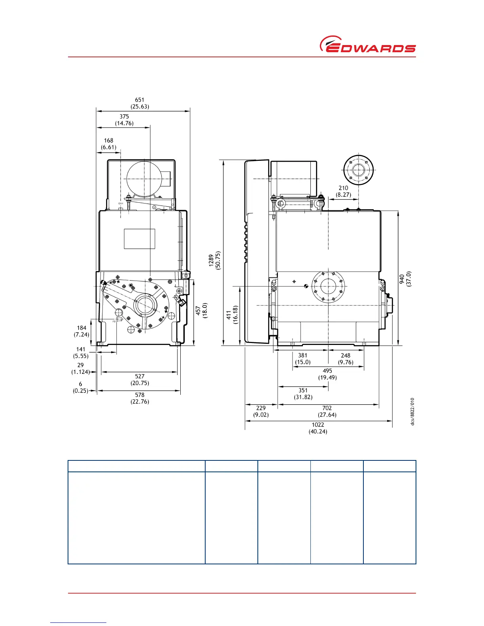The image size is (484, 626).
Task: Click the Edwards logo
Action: click(x=367, y=44)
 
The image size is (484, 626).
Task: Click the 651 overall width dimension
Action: click(x=140, y=103)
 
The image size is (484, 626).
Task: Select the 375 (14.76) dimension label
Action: click(x=124, y=120)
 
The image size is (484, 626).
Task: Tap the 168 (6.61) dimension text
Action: click(x=109, y=144)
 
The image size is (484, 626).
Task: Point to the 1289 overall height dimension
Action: click(x=215, y=260)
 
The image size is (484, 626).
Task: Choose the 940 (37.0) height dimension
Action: click(x=405, y=279)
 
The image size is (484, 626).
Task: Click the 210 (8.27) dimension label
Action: click(x=343, y=191)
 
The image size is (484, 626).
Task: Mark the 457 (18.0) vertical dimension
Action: click(x=202, y=310)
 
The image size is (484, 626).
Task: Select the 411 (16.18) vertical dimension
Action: click(x=232, y=315)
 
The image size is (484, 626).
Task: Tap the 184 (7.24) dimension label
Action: click(x=81, y=331)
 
